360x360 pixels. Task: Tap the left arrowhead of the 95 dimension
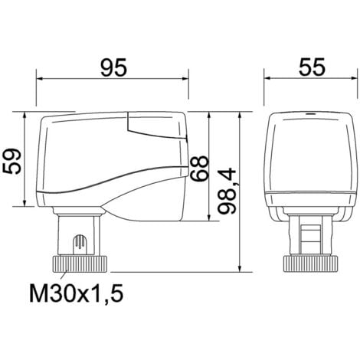[x=41, y=77]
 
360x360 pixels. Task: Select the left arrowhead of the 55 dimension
[x=269, y=77]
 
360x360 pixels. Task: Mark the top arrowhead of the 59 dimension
[x=28, y=116]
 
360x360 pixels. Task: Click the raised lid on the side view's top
[x=157, y=126]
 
